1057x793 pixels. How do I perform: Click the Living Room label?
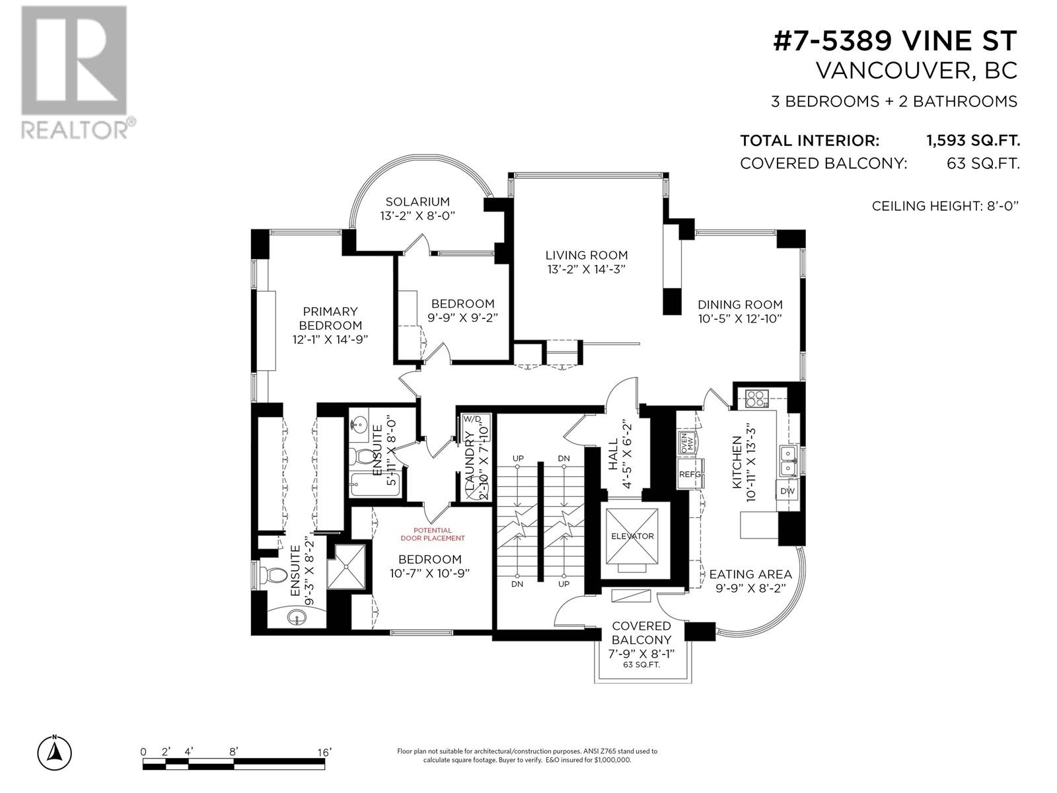click(586, 255)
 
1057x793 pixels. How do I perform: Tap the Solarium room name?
click(417, 202)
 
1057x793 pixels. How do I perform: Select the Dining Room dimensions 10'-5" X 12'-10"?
click(740, 319)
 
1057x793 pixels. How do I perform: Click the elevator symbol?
click(632, 536)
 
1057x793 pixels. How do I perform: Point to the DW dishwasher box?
click(787, 491)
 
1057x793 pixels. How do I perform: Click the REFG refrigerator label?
click(690, 474)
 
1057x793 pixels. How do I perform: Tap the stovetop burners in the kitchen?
click(756, 398)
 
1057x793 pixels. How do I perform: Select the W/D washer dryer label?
click(472, 419)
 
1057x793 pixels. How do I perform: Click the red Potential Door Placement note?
click(433, 534)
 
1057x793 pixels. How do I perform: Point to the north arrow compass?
click(54, 753)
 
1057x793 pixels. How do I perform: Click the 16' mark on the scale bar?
click(324, 752)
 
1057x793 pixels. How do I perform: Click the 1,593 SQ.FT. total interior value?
click(972, 141)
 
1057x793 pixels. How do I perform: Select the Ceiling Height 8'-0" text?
click(945, 206)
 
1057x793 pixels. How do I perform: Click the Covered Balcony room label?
click(641, 632)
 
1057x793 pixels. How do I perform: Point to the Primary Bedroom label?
click(330, 319)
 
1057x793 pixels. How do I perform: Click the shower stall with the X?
click(346, 567)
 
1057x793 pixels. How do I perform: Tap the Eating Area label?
click(750, 574)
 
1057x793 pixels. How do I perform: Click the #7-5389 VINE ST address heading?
click(894, 40)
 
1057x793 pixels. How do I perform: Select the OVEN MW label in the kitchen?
click(686, 441)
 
